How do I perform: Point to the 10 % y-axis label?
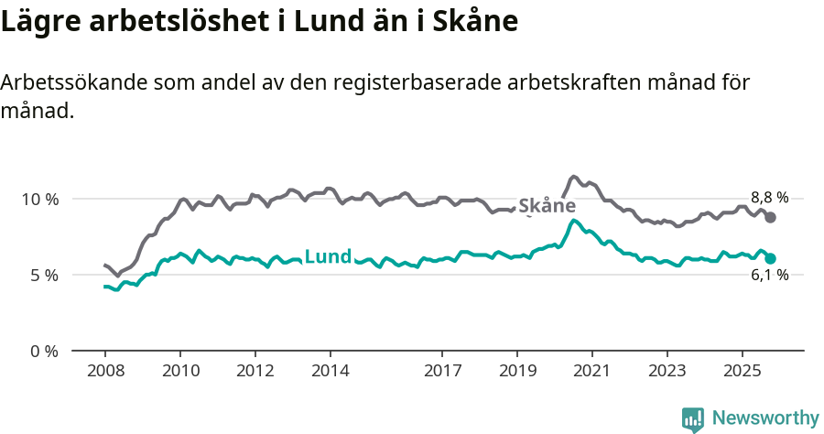pos(40,199)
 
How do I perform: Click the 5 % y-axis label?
pos(44,275)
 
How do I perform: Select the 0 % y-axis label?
pos(44,351)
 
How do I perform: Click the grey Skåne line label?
pos(547,206)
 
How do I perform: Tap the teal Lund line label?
pos(327,257)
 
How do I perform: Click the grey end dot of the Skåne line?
pos(771,217)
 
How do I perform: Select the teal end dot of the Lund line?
pos(771,258)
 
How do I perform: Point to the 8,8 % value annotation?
pos(769,197)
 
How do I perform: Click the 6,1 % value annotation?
pos(769,276)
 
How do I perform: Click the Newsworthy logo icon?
pos(693,418)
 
